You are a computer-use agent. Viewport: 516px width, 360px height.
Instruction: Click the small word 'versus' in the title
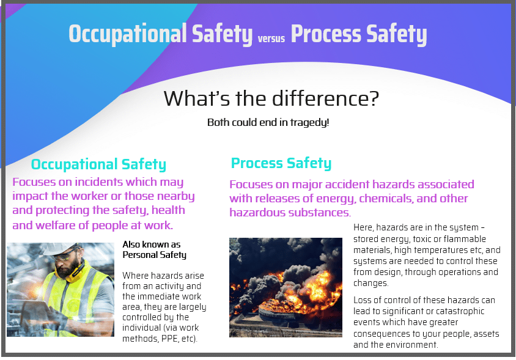271,39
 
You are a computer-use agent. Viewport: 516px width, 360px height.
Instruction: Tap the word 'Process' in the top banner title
326,34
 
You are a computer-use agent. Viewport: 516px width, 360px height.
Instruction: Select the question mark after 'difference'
374,98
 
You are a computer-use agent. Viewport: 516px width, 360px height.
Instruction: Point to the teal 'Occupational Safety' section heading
98,164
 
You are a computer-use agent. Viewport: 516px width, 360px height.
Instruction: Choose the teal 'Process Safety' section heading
281,163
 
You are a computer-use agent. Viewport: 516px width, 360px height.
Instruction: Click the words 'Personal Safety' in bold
154,255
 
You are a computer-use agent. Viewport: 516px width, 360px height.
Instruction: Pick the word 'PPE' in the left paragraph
171,338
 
